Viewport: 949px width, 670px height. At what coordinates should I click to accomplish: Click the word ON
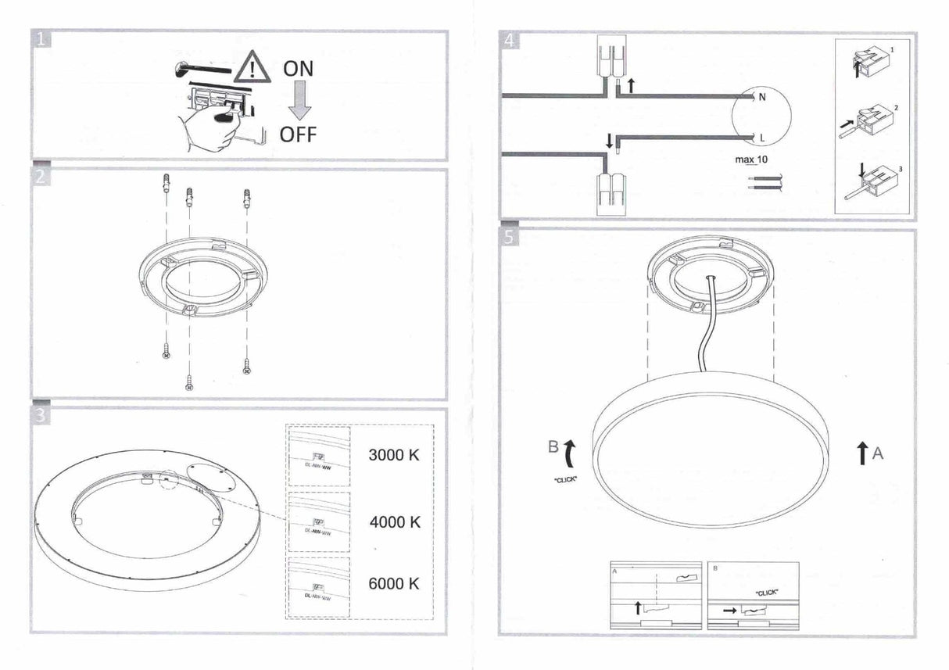pos(298,69)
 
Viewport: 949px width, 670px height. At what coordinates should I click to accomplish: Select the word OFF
pos(298,134)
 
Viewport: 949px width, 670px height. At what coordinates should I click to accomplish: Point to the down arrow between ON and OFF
pos(298,102)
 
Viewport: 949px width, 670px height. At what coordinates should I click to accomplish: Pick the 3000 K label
pos(394,455)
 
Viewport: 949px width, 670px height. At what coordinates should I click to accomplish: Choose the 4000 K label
pos(394,521)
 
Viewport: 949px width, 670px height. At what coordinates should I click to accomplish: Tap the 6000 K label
pos(394,583)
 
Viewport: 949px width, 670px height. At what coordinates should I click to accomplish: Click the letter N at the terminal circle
pos(762,98)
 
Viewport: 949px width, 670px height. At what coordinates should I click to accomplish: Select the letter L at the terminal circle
pos(761,138)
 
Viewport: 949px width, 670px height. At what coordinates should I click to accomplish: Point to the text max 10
pos(751,160)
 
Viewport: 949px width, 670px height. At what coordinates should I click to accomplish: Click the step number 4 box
pos(509,41)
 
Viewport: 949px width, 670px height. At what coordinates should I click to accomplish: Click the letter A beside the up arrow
pos(878,453)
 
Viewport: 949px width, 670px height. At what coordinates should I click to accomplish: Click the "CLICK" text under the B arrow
pos(564,479)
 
